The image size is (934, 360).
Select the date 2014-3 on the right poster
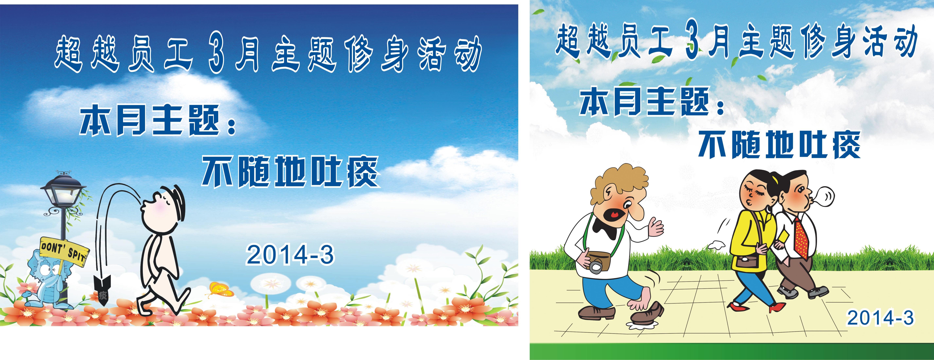[880, 318]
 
